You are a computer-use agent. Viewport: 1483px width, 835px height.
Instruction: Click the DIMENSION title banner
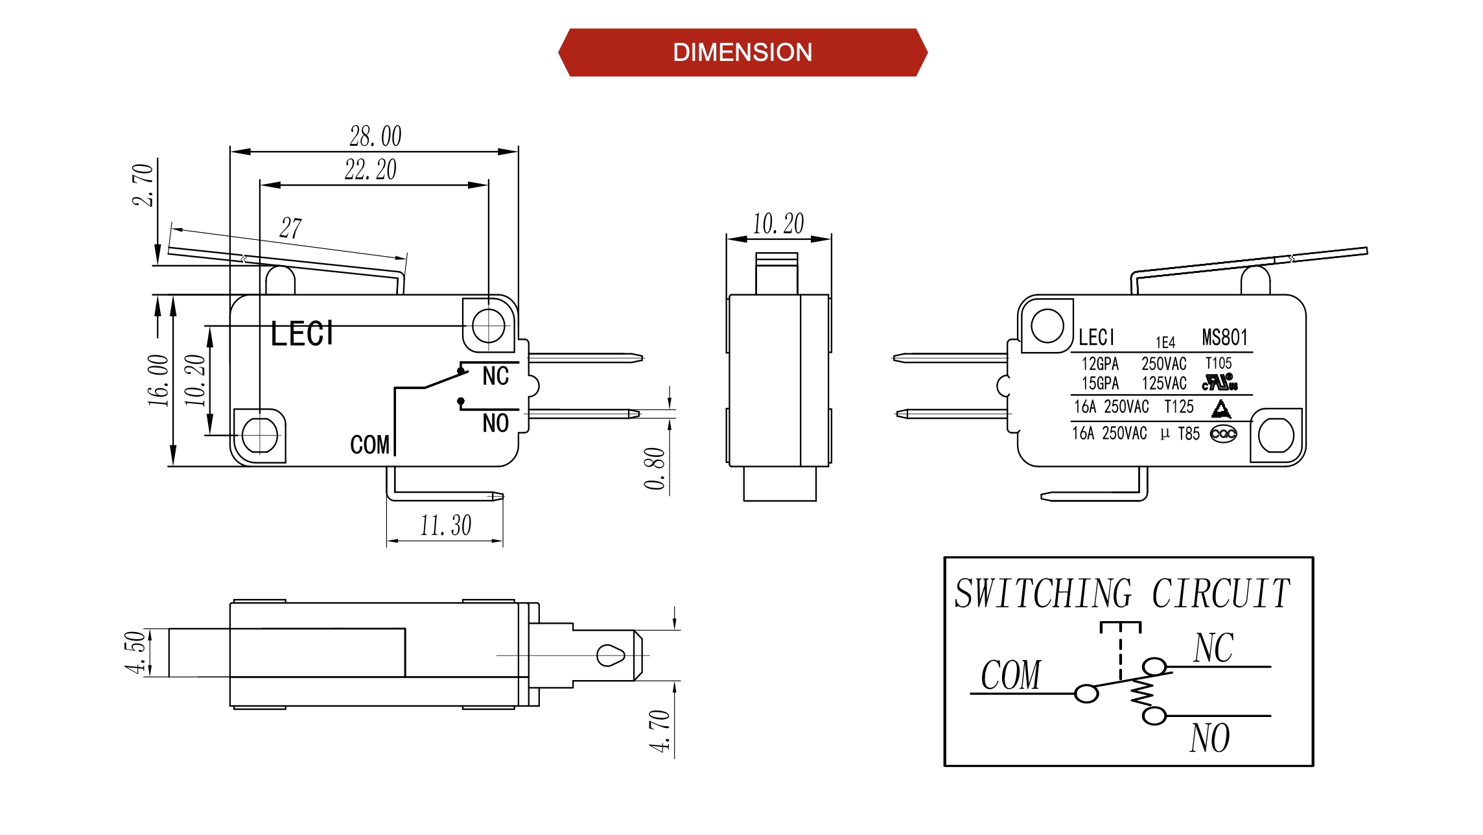point(743,53)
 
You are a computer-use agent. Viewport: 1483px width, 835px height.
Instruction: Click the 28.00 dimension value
point(376,137)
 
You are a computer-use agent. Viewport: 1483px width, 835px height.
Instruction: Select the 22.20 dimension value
point(371,170)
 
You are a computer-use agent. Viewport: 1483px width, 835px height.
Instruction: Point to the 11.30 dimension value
point(446,525)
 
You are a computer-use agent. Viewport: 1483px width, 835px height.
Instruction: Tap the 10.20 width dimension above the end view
point(778,224)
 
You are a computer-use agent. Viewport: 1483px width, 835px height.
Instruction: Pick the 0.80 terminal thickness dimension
point(655,468)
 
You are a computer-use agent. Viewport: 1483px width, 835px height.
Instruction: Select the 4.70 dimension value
point(659,731)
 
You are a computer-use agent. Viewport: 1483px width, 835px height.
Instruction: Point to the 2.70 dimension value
point(143,185)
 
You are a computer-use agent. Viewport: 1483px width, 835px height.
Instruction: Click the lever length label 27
point(291,228)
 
